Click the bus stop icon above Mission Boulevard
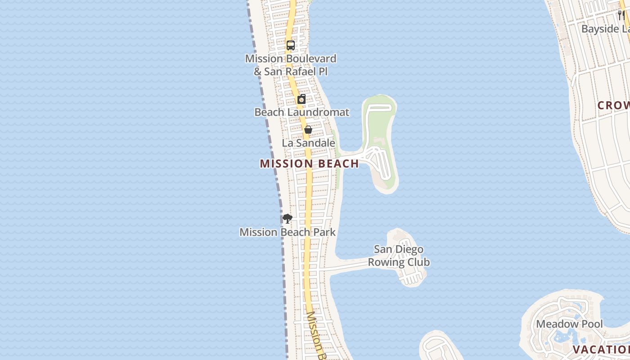coord(291,45)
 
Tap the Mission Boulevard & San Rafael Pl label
coord(291,65)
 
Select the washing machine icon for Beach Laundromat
coord(301,99)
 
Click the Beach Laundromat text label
coord(301,112)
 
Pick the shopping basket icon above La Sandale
coord(308,130)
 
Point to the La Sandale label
coord(309,143)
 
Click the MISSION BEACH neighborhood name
coord(309,163)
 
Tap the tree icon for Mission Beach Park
coord(288,219)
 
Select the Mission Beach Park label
coord(288,232)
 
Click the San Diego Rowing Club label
coord(399,256)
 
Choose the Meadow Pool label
coord(569,324)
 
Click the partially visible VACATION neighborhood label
coord(601,350)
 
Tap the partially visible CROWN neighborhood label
coord(613,105)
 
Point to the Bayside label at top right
coord(606,29)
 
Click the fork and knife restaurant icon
coord(621,15)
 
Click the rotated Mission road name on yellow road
coord(317,335)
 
